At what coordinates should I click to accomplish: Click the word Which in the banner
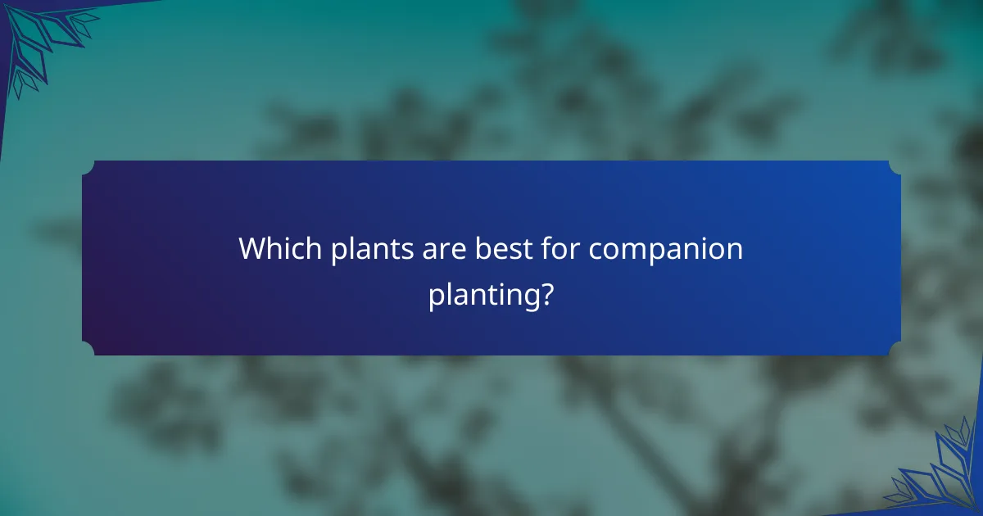(279, 249)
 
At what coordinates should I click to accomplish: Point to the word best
(503, 249)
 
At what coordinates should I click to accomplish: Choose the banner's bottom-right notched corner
(895, 349)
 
